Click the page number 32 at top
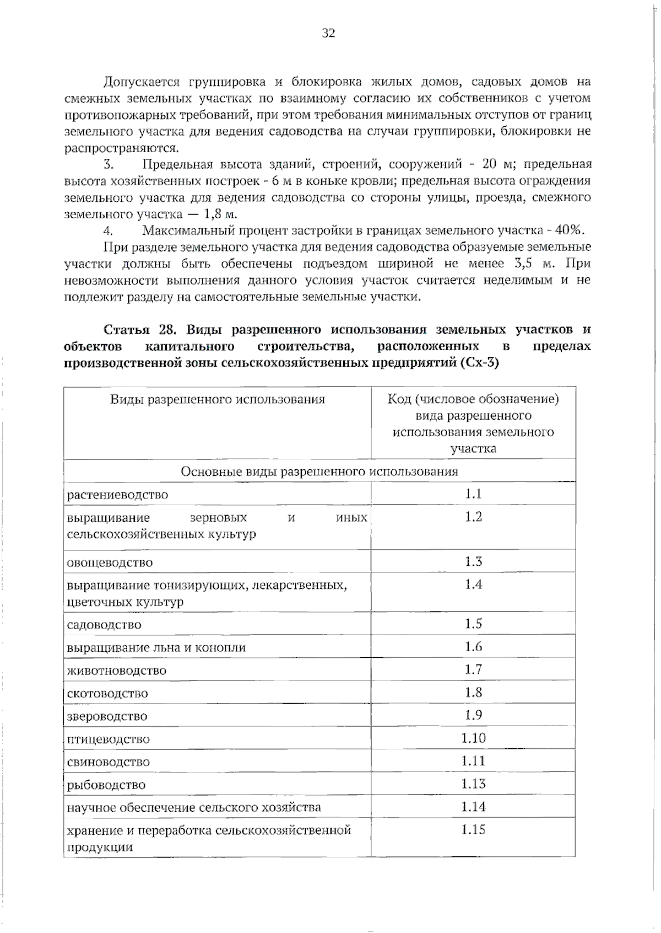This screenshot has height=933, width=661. click(328, 33)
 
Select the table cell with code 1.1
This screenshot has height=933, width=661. click(473, 494)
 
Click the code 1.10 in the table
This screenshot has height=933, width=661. click(473, 738)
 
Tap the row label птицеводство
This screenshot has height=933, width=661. click(108, 739)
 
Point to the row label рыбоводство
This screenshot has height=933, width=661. click(106, 785)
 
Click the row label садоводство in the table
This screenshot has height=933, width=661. click(104, 625)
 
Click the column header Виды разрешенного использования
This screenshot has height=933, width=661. click(217, 399)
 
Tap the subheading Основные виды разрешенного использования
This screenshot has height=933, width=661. click(319, 471)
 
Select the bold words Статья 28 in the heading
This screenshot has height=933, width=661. click(139, 330)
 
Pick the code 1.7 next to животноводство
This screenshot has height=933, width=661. click(473, 669)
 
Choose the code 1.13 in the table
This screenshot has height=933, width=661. click(473, 784)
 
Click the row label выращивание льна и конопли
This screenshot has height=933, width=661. click(156, 648)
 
